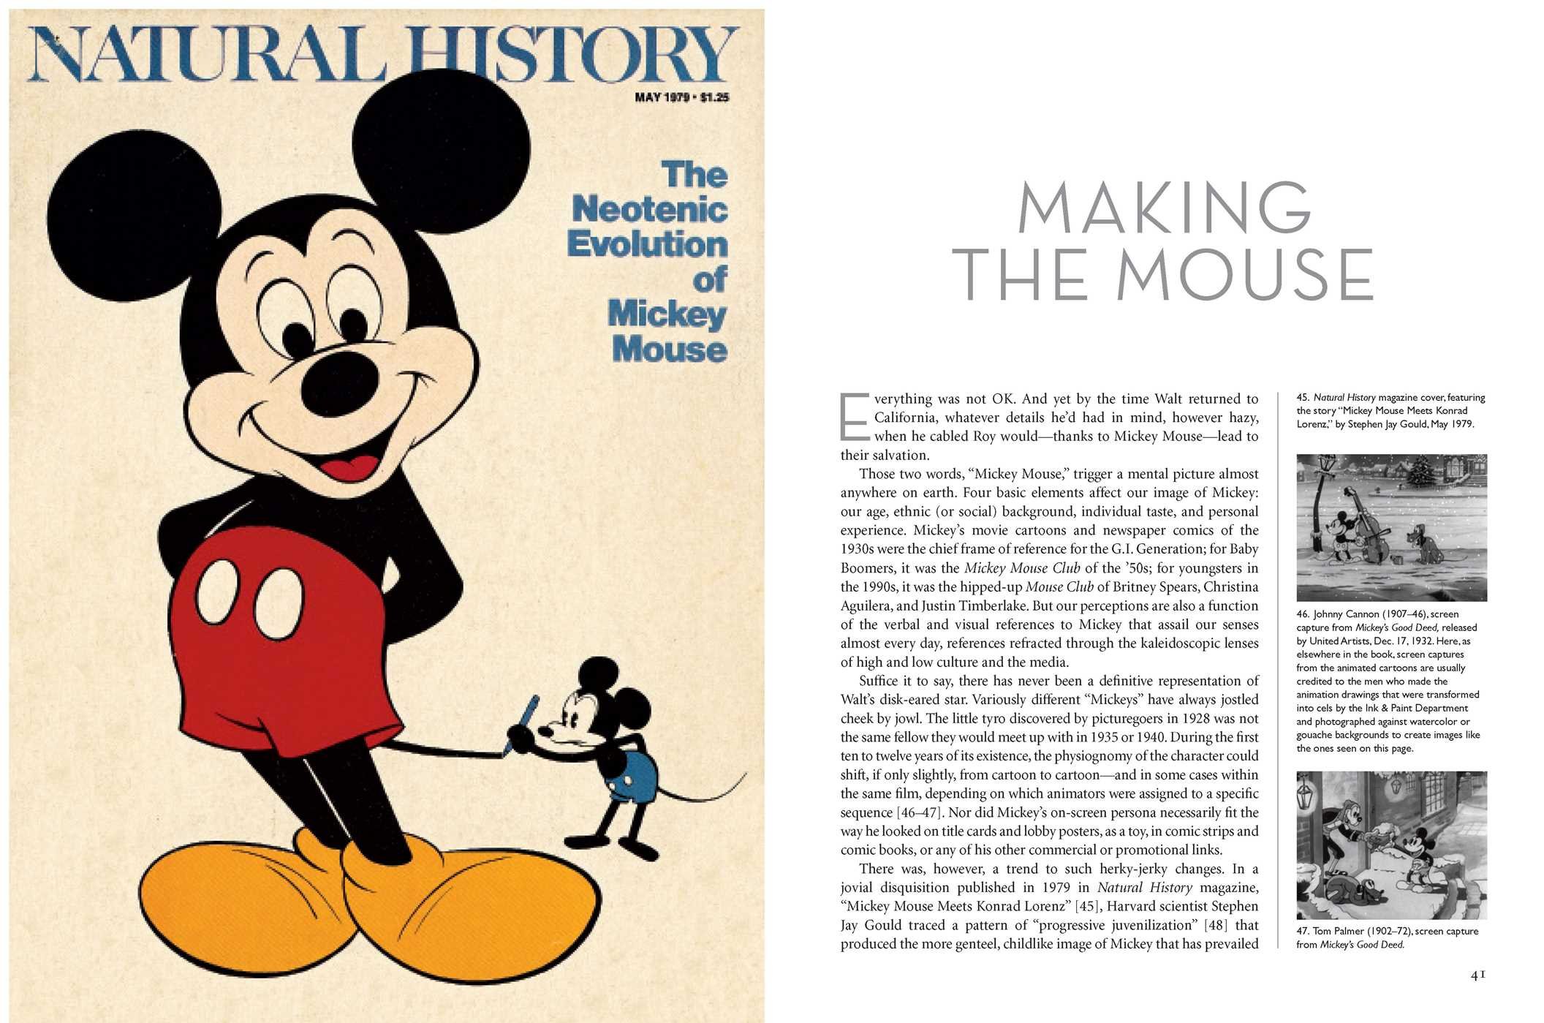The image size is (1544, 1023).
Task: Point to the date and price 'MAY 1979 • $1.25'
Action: (x=681, y=97)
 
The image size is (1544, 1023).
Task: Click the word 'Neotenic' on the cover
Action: (x=649, y=210)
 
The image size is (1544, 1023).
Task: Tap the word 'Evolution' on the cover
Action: (x=647, y=244)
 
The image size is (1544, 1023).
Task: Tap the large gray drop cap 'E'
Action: (x=854, y=417)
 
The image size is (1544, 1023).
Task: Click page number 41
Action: (x=1477, y=975)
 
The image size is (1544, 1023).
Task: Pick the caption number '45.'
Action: (x=1303, y=398)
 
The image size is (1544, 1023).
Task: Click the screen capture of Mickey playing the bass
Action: (x=1390, y=526)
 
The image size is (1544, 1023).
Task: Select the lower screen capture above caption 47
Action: (x=1390, y=845)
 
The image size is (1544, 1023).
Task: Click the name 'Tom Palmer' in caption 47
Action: (x=1338, y=931)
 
